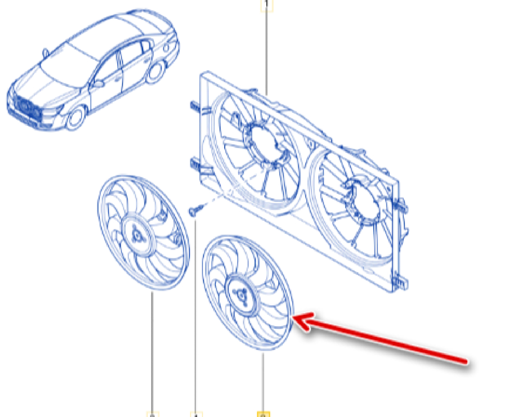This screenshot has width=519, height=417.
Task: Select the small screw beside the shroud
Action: [x=194, y=210]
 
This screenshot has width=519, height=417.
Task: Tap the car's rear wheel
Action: [x=155, y=72]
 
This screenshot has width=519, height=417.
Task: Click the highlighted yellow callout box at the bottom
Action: [x=264, y=414]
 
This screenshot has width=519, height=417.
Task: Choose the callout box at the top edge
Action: [x=266, y=4]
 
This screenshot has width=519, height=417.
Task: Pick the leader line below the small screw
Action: [x=196, y=312]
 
